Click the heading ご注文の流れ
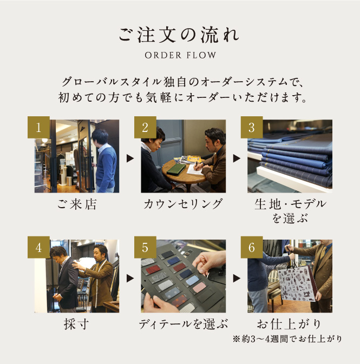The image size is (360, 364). [x=179, y=35]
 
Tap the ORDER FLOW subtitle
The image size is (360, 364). [x=180, y=55]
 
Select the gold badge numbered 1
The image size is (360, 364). [x=38, y=127]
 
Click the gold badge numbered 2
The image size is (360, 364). [x=145, y=127]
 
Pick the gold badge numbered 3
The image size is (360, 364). [x=252, y=127]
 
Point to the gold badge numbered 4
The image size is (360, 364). [x=38, y=247]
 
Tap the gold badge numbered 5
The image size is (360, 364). [x=145, y=247]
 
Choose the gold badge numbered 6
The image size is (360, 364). [x=252, y=247]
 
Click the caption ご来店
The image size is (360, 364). [x=77, y=204]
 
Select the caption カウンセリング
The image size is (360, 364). [x=183, y=204]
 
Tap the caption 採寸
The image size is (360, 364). [x=76, y=324]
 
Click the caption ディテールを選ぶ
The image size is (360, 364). [x=183, y=324]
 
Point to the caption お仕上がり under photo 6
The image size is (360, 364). [x=289, y=324]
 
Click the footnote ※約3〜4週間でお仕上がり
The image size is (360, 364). [x=287, y=339]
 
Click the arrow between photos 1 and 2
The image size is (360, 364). [x=130, y=158]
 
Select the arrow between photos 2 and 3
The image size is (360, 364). [x=237, y=158]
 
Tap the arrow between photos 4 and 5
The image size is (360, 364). [x=130, y=278]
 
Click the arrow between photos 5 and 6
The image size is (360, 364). [x=237, y=278]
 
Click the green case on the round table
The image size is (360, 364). [x=176, y=169]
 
